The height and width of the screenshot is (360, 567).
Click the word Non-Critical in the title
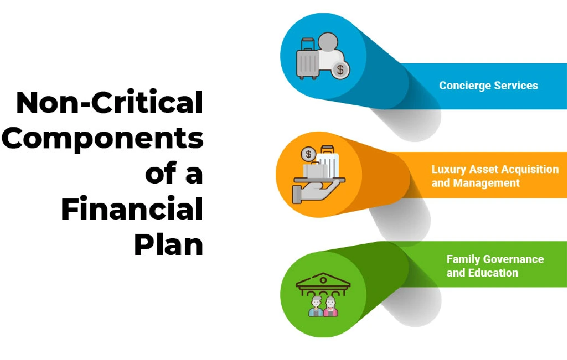tap(109, 104)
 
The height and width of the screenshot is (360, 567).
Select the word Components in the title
tap(102, 138)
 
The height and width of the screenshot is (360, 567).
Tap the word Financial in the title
tap(132, 209)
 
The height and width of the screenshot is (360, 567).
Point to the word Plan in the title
tap(168, 244)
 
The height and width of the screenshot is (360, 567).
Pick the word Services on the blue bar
tap(517, 86)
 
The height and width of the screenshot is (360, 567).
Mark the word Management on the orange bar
tap(486, 183)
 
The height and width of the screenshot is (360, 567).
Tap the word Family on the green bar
tap(463, 259)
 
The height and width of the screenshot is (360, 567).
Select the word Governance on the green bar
tap(513, 259)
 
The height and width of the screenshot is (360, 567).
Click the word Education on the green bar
tap(493, 272)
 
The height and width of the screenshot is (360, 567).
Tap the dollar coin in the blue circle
tap(340, 70)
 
